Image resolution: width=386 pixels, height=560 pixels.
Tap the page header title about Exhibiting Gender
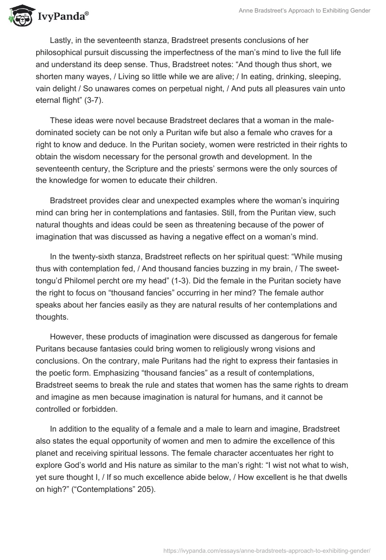pos(304,11)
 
